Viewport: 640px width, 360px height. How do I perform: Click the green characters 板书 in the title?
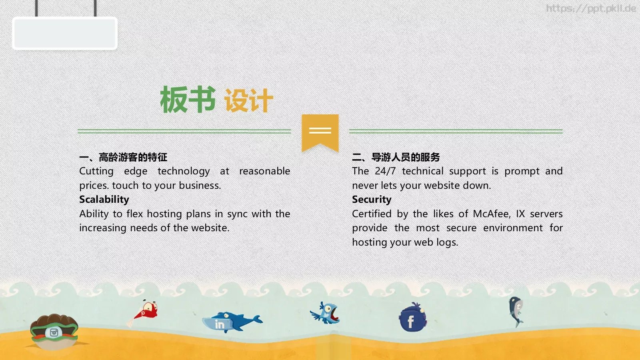click(187, 100)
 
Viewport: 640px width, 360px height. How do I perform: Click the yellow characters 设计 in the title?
click(248, 100)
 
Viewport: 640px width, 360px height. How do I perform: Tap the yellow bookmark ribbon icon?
click(320, 132)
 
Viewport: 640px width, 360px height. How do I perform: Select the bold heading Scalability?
click(104, 199)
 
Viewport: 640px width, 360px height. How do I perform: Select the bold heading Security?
click(372, 199)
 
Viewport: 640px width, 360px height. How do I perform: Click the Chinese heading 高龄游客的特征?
click(133, 157)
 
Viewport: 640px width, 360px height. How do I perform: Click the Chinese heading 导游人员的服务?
click(406, 157)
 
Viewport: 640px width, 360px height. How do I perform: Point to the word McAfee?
click(492, 214)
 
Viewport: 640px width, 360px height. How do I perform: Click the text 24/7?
click(385, 171)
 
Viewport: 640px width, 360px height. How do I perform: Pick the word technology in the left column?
click(184, 171)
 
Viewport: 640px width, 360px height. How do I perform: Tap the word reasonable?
click(264, 171)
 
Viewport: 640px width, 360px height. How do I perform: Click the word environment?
click(513, 228)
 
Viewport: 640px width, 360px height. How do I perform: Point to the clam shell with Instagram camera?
click(54, 332)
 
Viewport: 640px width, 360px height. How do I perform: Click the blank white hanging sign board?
click(65, 33)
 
